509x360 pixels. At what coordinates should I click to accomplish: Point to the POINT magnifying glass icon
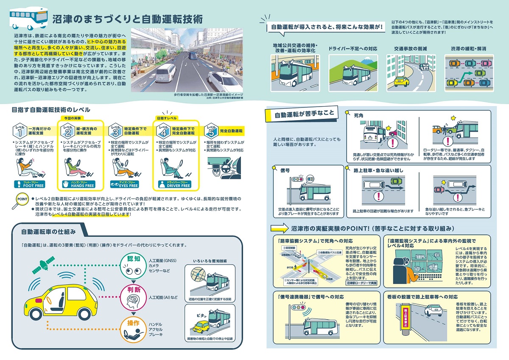(22, 200)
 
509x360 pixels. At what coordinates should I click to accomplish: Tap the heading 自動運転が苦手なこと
(304, 114)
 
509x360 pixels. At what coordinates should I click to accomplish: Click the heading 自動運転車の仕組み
(49, 232)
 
